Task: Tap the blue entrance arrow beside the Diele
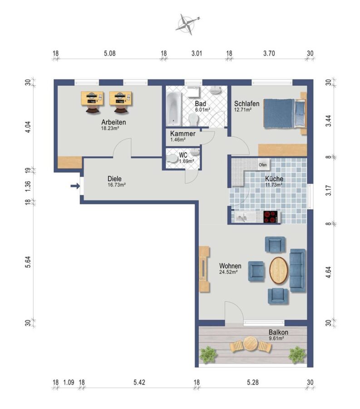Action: tap(75, 186)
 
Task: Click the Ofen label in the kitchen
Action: tap(262, 165)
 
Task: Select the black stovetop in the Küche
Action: tap(271, 217)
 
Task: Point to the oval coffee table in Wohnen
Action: tap(279, 270)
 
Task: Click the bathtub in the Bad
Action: tap(173, 108)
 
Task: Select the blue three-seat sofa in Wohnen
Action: tap(297, 270)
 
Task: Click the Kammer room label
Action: tap(182, 134)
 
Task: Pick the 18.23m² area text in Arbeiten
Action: tap(110, 128)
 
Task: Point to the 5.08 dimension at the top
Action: tap(110, 54)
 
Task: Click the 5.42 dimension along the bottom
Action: tap(139, 382)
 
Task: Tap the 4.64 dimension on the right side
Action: tap(329, 272)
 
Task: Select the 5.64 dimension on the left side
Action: tap(28, 262)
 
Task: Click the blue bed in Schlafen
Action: tap(284, 113)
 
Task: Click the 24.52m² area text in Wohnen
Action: tap(228, 272)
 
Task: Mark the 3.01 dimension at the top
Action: tap(197, 54)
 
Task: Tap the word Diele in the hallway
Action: tap(114, 179)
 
